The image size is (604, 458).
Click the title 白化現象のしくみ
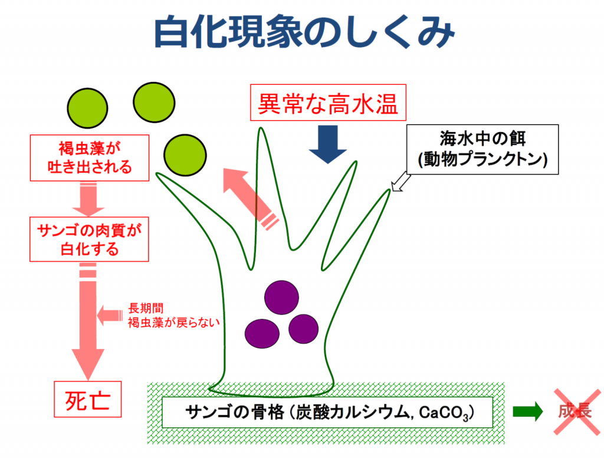[x=304, y=33]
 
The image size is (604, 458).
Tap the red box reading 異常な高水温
[x=328, y=103]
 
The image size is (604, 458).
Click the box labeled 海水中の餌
[x=482, y=149]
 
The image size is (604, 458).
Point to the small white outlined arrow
[x=401, y=182]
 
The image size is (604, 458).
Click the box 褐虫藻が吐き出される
[x=90, y=158]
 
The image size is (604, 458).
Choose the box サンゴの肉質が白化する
[x=90, y=239]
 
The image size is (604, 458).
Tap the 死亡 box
[x=88, y=399]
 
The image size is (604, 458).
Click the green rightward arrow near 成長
[x=528, y=412]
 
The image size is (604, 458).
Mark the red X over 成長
[x=577, y=412]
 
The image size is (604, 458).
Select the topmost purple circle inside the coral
[x=281, y=298]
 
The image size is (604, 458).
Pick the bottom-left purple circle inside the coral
[x=262, y=334]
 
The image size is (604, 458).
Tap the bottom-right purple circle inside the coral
[x=304, y=329]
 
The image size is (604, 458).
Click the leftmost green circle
[x=87, y=108]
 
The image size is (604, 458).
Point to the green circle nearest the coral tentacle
[x=185, y=155]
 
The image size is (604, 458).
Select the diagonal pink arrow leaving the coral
[x=251, y=199]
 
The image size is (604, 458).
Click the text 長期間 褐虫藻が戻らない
[x=174, y=315]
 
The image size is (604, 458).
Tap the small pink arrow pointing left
[x=110, y=315]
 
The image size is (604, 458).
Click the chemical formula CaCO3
[x=444, y=413]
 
